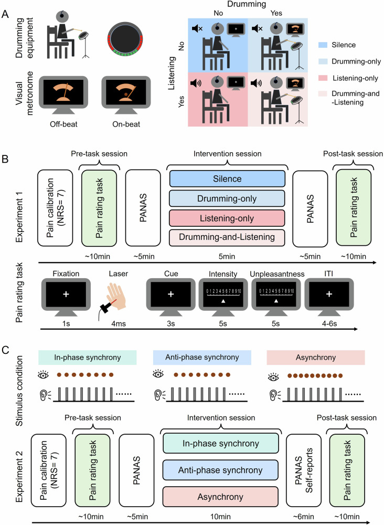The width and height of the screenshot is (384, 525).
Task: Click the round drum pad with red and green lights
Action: point(125,39)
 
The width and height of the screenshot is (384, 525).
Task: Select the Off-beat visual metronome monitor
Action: point(63,95)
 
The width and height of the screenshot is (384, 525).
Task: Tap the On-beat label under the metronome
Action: point(126,124)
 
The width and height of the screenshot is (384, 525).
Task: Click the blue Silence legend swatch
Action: point(323,45)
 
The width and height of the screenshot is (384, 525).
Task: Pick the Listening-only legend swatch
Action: point(323,78)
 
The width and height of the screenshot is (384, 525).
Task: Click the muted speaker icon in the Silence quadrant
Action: point(197,28)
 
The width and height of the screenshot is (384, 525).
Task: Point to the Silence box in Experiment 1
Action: point(227,179)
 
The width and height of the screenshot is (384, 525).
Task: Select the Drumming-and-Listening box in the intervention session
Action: point(227,237)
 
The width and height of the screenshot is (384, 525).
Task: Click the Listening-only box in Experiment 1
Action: point(227,218)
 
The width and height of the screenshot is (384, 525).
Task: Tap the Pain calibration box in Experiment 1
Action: point(55,207)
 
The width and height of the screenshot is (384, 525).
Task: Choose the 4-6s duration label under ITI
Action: point(329,324)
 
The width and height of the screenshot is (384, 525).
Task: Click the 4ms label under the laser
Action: point(118,324)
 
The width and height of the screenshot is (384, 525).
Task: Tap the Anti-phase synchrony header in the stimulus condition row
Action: point(202,357)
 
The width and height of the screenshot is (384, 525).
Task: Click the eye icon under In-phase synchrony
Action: point(44,375)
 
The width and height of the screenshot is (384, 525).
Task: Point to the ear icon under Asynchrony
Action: point(274,395)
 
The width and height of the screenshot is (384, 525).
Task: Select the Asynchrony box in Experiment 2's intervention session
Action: point(220,497)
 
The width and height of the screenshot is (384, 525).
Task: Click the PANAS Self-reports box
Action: point(303,470)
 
